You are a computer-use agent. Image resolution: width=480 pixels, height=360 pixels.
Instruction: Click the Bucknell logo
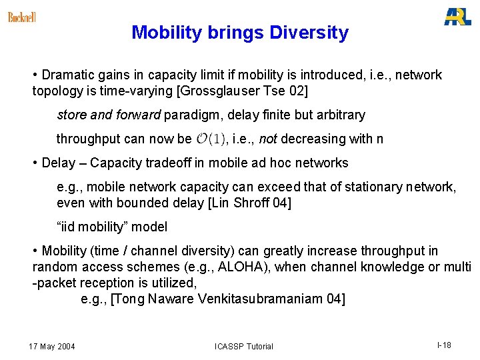[22, 17]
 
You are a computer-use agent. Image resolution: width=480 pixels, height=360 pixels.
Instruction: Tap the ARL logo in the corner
[457, 17]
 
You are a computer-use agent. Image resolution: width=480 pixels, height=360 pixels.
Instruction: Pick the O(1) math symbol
[211, 139]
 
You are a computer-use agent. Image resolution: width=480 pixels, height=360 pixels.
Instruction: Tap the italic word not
[267, 139]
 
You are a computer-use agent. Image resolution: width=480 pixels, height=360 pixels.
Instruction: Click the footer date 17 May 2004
[52, 346]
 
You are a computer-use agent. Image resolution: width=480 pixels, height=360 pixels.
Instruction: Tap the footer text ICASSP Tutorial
[244, 346]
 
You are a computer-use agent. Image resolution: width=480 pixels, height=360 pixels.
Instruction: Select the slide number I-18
[444, 345]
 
